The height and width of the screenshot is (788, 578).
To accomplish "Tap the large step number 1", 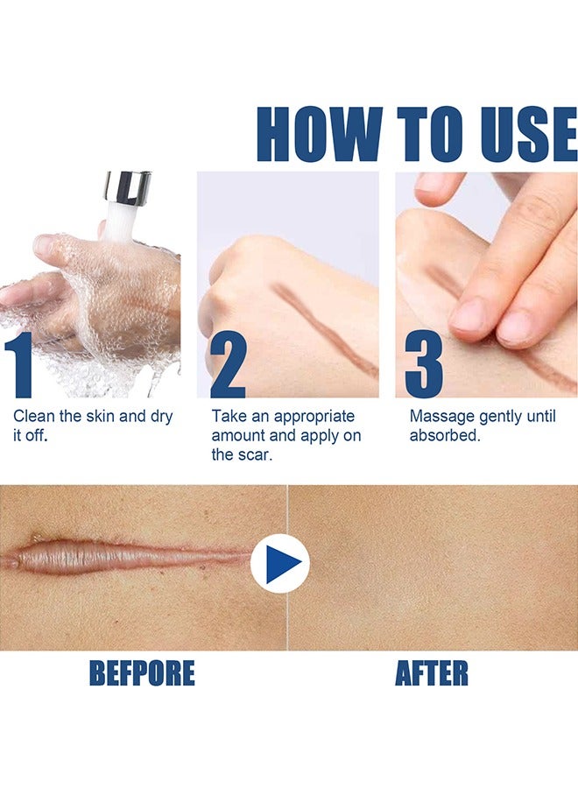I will tap(19, 365).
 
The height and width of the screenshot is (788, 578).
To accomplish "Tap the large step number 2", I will tap(228, 365).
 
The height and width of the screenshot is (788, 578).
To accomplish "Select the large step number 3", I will tap(424, 365).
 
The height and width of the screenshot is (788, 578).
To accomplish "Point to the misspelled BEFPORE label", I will tap(142, 673).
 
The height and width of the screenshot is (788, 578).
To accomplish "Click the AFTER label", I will tap(431, 673).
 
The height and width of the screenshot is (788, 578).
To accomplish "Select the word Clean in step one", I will tap(33, 416).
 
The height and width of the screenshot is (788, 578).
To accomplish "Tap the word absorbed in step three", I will tap(444, 435).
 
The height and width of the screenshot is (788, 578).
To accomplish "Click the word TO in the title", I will tap(431, 134).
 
